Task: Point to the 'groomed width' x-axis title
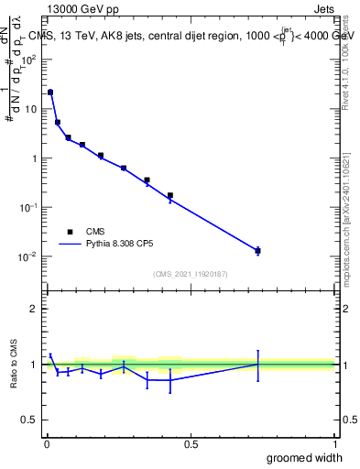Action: pos(305,457)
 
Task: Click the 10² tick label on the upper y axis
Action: pos(30,60)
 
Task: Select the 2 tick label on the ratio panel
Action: pos(33,309)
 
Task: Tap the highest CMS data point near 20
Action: pos(50,93)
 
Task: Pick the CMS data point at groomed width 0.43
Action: pos(170,195)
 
